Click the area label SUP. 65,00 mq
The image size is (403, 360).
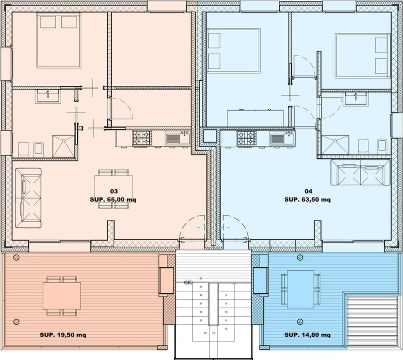113,200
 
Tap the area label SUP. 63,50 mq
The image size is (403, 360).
307,200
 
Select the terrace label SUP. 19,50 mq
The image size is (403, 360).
63,335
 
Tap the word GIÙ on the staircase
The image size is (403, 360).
188,283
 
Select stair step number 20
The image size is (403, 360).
201,279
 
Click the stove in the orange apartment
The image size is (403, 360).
142,138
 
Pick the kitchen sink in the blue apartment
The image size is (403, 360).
282,138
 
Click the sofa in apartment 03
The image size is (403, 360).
28,198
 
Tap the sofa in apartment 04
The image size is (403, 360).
361,172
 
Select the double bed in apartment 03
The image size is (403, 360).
59,40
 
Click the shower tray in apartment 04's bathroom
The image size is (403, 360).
335,145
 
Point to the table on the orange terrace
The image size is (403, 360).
62,296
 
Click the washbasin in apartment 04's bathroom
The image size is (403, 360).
355,99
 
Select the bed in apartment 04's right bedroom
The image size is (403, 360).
362,56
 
